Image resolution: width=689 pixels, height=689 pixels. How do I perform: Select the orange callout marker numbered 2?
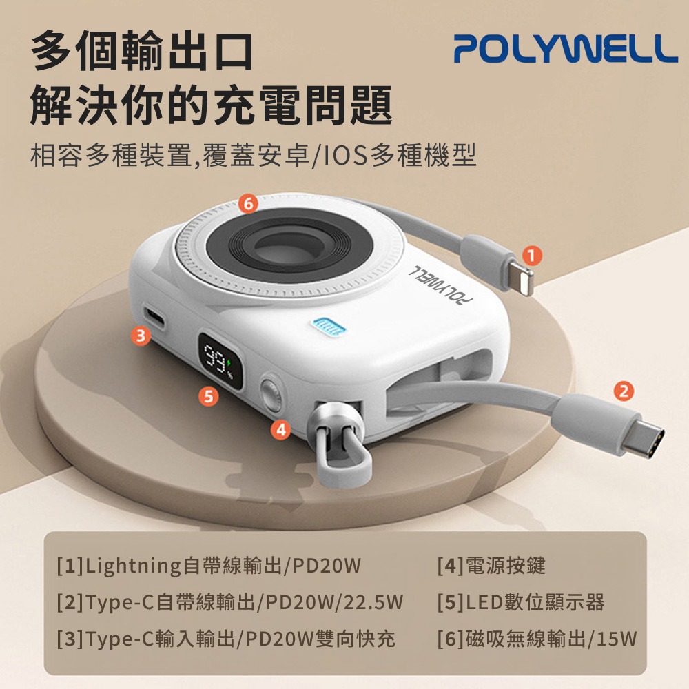click(623, 391)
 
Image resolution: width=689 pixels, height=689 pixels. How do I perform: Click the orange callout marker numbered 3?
click(141, 336)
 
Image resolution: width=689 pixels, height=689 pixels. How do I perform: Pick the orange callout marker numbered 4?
click(280, 429)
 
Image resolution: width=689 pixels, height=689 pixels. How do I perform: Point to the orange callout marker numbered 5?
click(207, 395)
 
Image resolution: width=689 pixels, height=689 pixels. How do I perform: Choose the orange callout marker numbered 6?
click(249, 203)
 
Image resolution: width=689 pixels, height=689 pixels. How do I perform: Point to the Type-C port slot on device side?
click(157, 319)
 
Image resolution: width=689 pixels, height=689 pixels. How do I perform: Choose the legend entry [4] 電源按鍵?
click(491, 566)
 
